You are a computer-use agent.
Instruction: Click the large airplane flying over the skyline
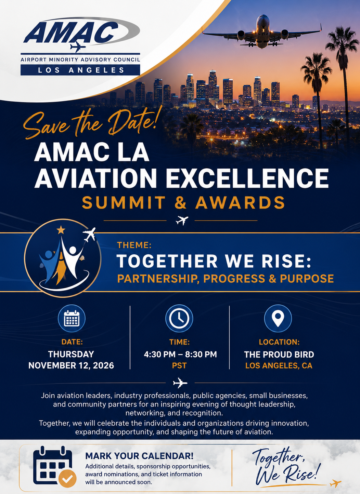[262, 32]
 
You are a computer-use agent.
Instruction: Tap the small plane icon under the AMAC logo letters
[77, 47]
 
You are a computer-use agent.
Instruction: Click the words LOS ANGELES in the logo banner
[81, 70]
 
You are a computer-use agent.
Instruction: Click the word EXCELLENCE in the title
[247, 178]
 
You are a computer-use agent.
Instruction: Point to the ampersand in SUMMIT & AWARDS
[181, 202]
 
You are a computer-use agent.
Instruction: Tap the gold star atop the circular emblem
[61, 230]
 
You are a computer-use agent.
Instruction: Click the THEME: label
[134, 245]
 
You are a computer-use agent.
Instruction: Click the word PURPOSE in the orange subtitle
[307, 279]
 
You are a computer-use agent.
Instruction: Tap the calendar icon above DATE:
[72, 318]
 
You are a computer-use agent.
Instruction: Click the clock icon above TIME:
[179, 318]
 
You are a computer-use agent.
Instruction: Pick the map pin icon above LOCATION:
[278, 318]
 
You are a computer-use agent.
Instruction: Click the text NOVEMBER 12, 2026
[71, 365]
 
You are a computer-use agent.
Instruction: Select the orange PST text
[179, 366]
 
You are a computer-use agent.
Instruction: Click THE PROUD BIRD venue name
[279, 355]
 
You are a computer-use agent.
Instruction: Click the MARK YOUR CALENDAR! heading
[139, 456]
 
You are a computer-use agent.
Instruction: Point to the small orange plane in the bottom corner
[335, 483]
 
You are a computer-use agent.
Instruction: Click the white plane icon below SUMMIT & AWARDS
[182, 220]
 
